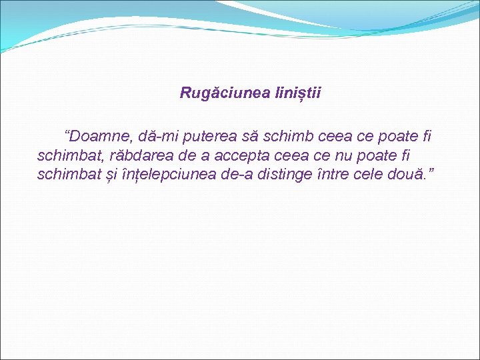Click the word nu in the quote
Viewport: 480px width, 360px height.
click(x=341, y=156)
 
